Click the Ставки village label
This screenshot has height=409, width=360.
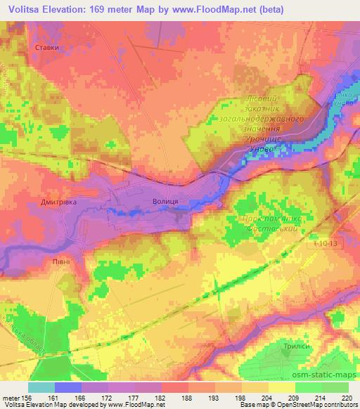click(46, 48)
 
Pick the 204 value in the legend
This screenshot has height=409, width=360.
click(266, 397)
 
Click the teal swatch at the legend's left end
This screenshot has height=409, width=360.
click(41, 387)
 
